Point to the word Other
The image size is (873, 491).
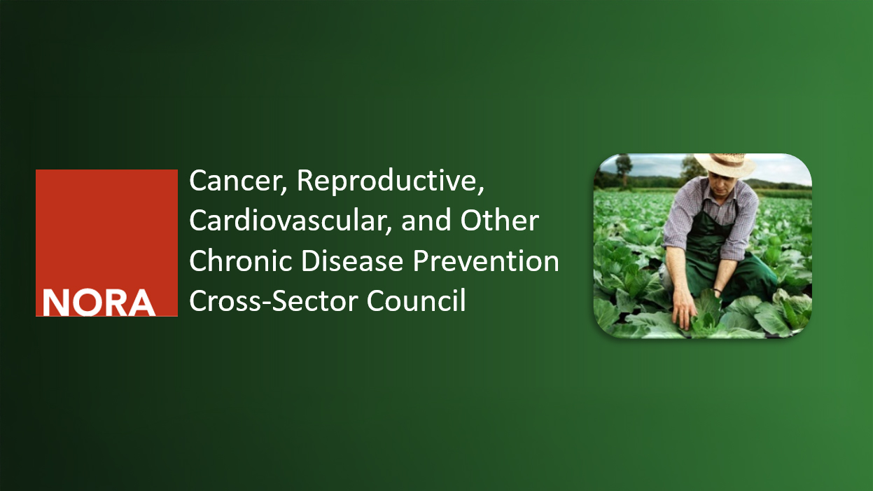(500, 221)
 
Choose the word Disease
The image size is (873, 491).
(352, 261)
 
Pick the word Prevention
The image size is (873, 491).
(486, 261)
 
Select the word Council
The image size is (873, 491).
(417, 300)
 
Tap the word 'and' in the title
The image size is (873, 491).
(426, 221)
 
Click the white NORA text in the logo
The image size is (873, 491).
(99, 303)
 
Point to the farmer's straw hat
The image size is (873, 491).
(725, 165)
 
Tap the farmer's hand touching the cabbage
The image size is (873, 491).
(685, 311)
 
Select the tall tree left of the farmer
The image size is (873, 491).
(624, 170)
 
